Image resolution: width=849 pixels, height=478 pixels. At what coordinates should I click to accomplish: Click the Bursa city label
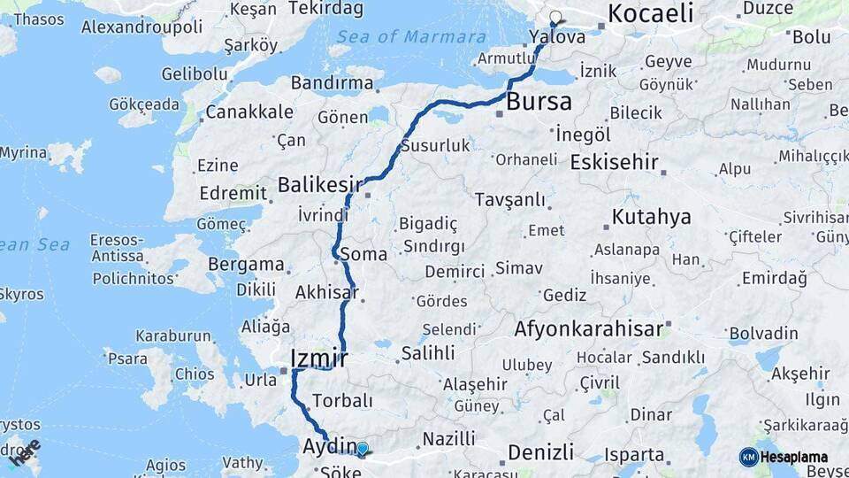pyautogui.click(x=539, y=102)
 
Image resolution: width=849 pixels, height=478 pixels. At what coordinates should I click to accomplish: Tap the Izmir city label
pyautogui.click(x=318, y=358)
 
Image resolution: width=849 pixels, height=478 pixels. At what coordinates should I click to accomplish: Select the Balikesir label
pyautogui.click(x=320, y=185)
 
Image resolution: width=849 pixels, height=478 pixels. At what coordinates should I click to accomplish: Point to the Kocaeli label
pyautogui.click(x=650, y=13)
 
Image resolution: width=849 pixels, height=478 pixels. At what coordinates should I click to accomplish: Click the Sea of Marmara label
pyautogui.click(x=411, y=37)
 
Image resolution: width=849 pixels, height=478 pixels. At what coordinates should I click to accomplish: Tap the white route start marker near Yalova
pyautogui.click(x=555, y=16)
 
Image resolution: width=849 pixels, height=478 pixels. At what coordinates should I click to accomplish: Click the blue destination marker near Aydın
pyautogui.click(x=362, y=449)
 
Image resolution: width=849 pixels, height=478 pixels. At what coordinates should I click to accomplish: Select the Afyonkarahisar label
pyautogui.click(x=588, y=329)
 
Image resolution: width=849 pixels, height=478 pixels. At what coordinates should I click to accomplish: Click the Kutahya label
pyautogui.click(x=652, y=217)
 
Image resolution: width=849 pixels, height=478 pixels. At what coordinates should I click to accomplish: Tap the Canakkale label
pyautogui.click(x=249, y=112)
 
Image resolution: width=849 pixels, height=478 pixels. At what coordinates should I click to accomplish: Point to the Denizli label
pyautogui.click(x=540, y=452)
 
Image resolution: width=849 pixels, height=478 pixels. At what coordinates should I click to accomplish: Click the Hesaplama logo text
pyautogui.click(x=794, y=458)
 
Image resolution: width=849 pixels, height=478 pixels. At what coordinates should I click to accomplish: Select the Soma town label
pyautogui.click(x=370, y=254)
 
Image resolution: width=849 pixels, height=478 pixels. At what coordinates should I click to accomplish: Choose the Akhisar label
pyautogui.click(x=326, y=292)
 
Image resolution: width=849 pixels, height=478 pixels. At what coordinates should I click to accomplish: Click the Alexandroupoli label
pyautogui.click(x=141, y=26)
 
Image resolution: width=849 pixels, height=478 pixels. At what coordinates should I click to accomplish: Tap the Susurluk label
pyautogui.click(x=435, y=145)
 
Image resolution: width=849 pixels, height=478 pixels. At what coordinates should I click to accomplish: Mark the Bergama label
pyautogui.click(x=246, y=265)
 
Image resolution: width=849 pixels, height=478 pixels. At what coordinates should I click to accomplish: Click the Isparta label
pyautogui.click(x=634, y=455)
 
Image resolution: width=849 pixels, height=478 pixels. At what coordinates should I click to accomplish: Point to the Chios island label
pyautogui.click(x=194, y=374)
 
